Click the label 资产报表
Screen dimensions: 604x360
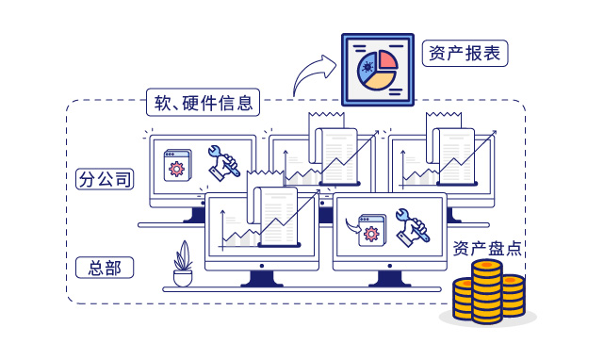(465, 53)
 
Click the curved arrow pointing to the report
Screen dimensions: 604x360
(313, 76)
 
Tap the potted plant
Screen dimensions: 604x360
(183, 265)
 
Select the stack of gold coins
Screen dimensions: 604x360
(486, 292)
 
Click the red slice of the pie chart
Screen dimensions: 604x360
(386, 60)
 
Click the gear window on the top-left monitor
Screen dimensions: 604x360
(177, 165)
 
